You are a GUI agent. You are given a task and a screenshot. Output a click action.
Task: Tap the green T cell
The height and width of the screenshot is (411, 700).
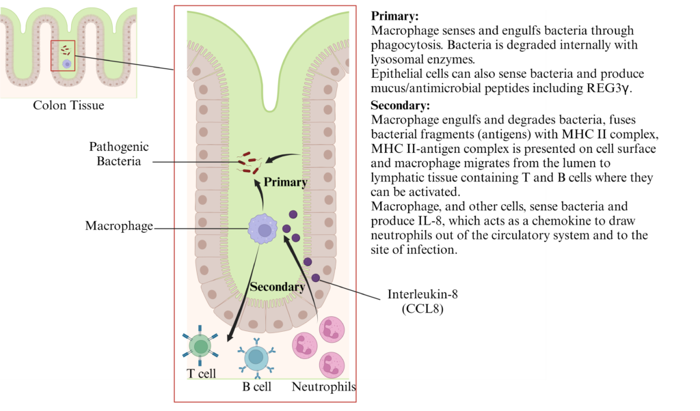pyautogui.click(x=200, y=346)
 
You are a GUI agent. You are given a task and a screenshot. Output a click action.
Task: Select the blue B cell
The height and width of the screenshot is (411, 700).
pyautogui.click(x=256, y=356)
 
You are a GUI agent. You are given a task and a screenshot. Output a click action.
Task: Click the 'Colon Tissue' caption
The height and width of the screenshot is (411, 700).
pyautogui.click(x=68, y=106)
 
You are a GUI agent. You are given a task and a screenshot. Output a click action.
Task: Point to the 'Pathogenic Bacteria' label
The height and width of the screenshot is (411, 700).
pyautogui.click(x=118, y=154)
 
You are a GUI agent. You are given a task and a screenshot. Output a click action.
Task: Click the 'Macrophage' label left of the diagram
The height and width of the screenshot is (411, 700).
pyautogui.click(x=119, y=225)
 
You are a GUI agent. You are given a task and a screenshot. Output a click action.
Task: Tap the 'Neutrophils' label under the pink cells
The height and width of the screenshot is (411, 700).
pyautogui.click(x=324, y=387)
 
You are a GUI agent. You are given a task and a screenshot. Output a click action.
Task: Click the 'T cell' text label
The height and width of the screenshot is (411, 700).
pyautogui.click(x=201, y=373)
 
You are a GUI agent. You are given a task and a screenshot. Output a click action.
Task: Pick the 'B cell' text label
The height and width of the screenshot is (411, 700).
pyautogui.click(x=256, y=387)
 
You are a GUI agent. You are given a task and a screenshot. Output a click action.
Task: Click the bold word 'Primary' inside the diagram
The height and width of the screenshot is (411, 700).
pyautogui.click(x=286, y=182)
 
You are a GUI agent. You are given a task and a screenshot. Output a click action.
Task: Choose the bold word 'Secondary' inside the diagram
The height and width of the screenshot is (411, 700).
pyautogui.click(x=277, y=287)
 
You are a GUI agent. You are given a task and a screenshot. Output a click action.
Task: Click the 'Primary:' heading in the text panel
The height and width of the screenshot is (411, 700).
pyautogui.click(x=394, y=15)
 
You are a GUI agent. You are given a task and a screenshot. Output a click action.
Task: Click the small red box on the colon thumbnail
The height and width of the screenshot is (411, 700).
pyautogui.click(x=63, y=55)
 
